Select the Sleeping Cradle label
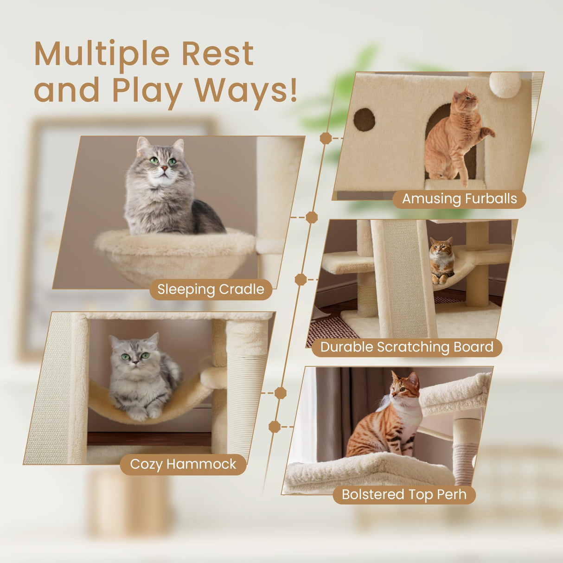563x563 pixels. [x=211, y=289]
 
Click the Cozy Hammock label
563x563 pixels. [x=183, y=464]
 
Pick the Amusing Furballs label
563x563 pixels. [x=459, y=199]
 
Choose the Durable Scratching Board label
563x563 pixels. [x=407, y=347]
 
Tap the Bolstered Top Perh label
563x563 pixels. [x=404, y=494]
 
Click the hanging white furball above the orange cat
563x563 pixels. [x=505, y=84]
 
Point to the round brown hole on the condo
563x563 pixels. [x=365, y=120]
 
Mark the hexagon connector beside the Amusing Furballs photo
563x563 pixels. [x=326, y=138]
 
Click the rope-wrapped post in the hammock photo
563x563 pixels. [x=246, y=399]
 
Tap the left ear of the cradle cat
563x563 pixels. [x=143, y=145]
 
